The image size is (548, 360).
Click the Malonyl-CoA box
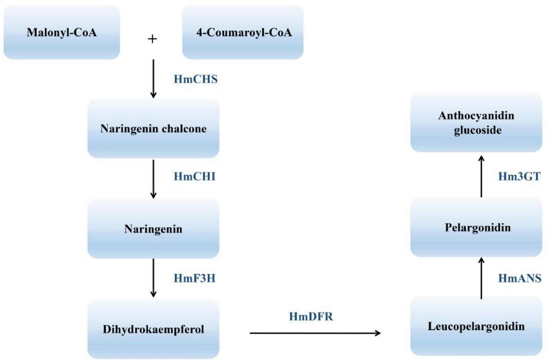tap(62, 32)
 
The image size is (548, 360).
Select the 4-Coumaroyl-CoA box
tap(243, 32)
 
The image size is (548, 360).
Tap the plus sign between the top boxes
tap(152, 39)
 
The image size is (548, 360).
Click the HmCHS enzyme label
tap(196, 79)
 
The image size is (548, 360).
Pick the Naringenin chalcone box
tap(153, 128)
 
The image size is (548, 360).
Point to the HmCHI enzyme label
tap(195, 177)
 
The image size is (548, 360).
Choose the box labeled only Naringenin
tap(153, 229)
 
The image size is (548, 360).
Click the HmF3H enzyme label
tap(195, 278)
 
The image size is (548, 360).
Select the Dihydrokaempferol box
tap(153, 329)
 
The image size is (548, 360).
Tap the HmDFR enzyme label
tap(311, 316)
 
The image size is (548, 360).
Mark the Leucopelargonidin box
tap(476, 326)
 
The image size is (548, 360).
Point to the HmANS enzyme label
tap(519, 278)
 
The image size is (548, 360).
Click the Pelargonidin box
tap(476, 227)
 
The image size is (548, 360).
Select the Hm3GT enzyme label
tap(519, 177)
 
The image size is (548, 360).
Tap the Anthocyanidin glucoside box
tap(476, 123)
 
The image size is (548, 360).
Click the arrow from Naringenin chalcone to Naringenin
tap(153, 179)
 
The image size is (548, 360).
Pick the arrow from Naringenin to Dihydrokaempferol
tap(153, 278)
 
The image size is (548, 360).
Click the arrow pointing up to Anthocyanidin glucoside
tap(481, 176)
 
